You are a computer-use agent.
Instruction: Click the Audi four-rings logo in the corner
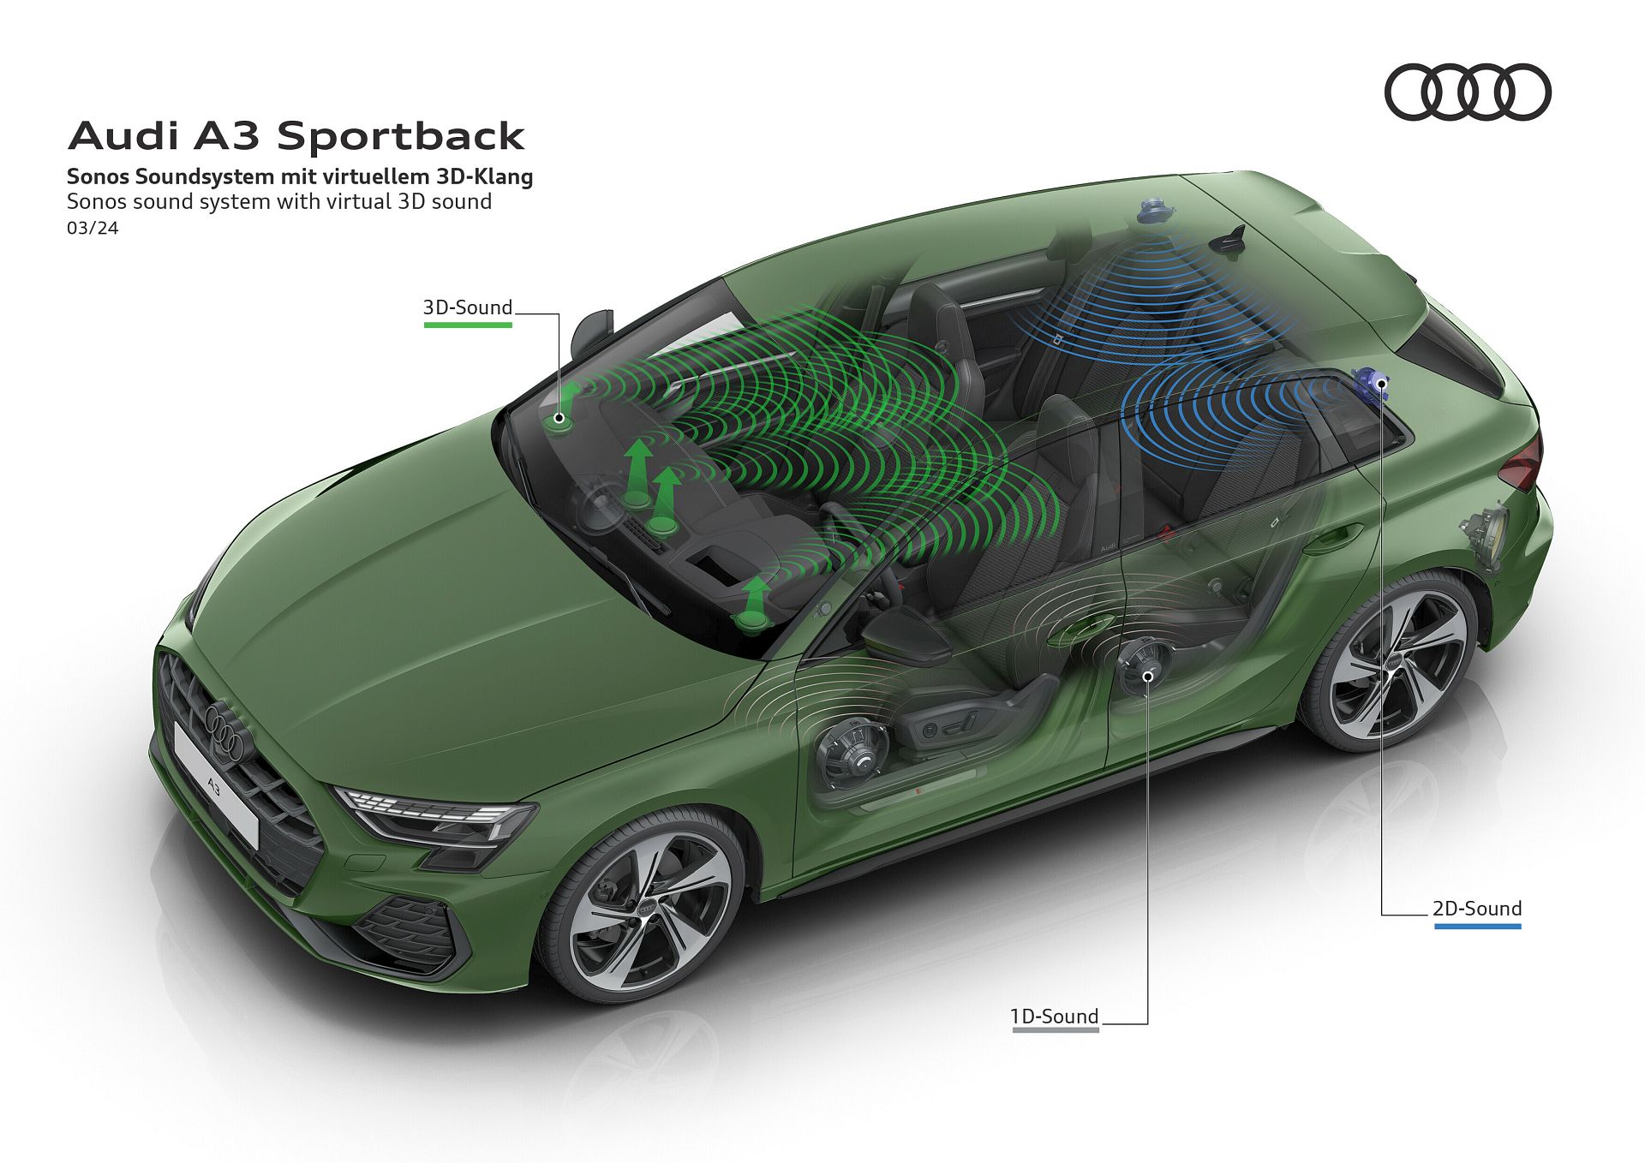point(1468,92)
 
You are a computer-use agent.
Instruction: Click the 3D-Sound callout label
point(468,307)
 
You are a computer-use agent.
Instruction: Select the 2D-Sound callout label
point(1477,909)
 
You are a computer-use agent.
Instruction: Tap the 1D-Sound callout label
point(1055,1017)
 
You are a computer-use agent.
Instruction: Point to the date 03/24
point(93,229)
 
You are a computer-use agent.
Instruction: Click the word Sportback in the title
point(401,136)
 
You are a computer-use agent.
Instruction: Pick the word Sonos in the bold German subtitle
point(98,177)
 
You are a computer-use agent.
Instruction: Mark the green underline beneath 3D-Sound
point(468,325)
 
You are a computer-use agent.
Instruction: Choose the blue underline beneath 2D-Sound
point(1478,926)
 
